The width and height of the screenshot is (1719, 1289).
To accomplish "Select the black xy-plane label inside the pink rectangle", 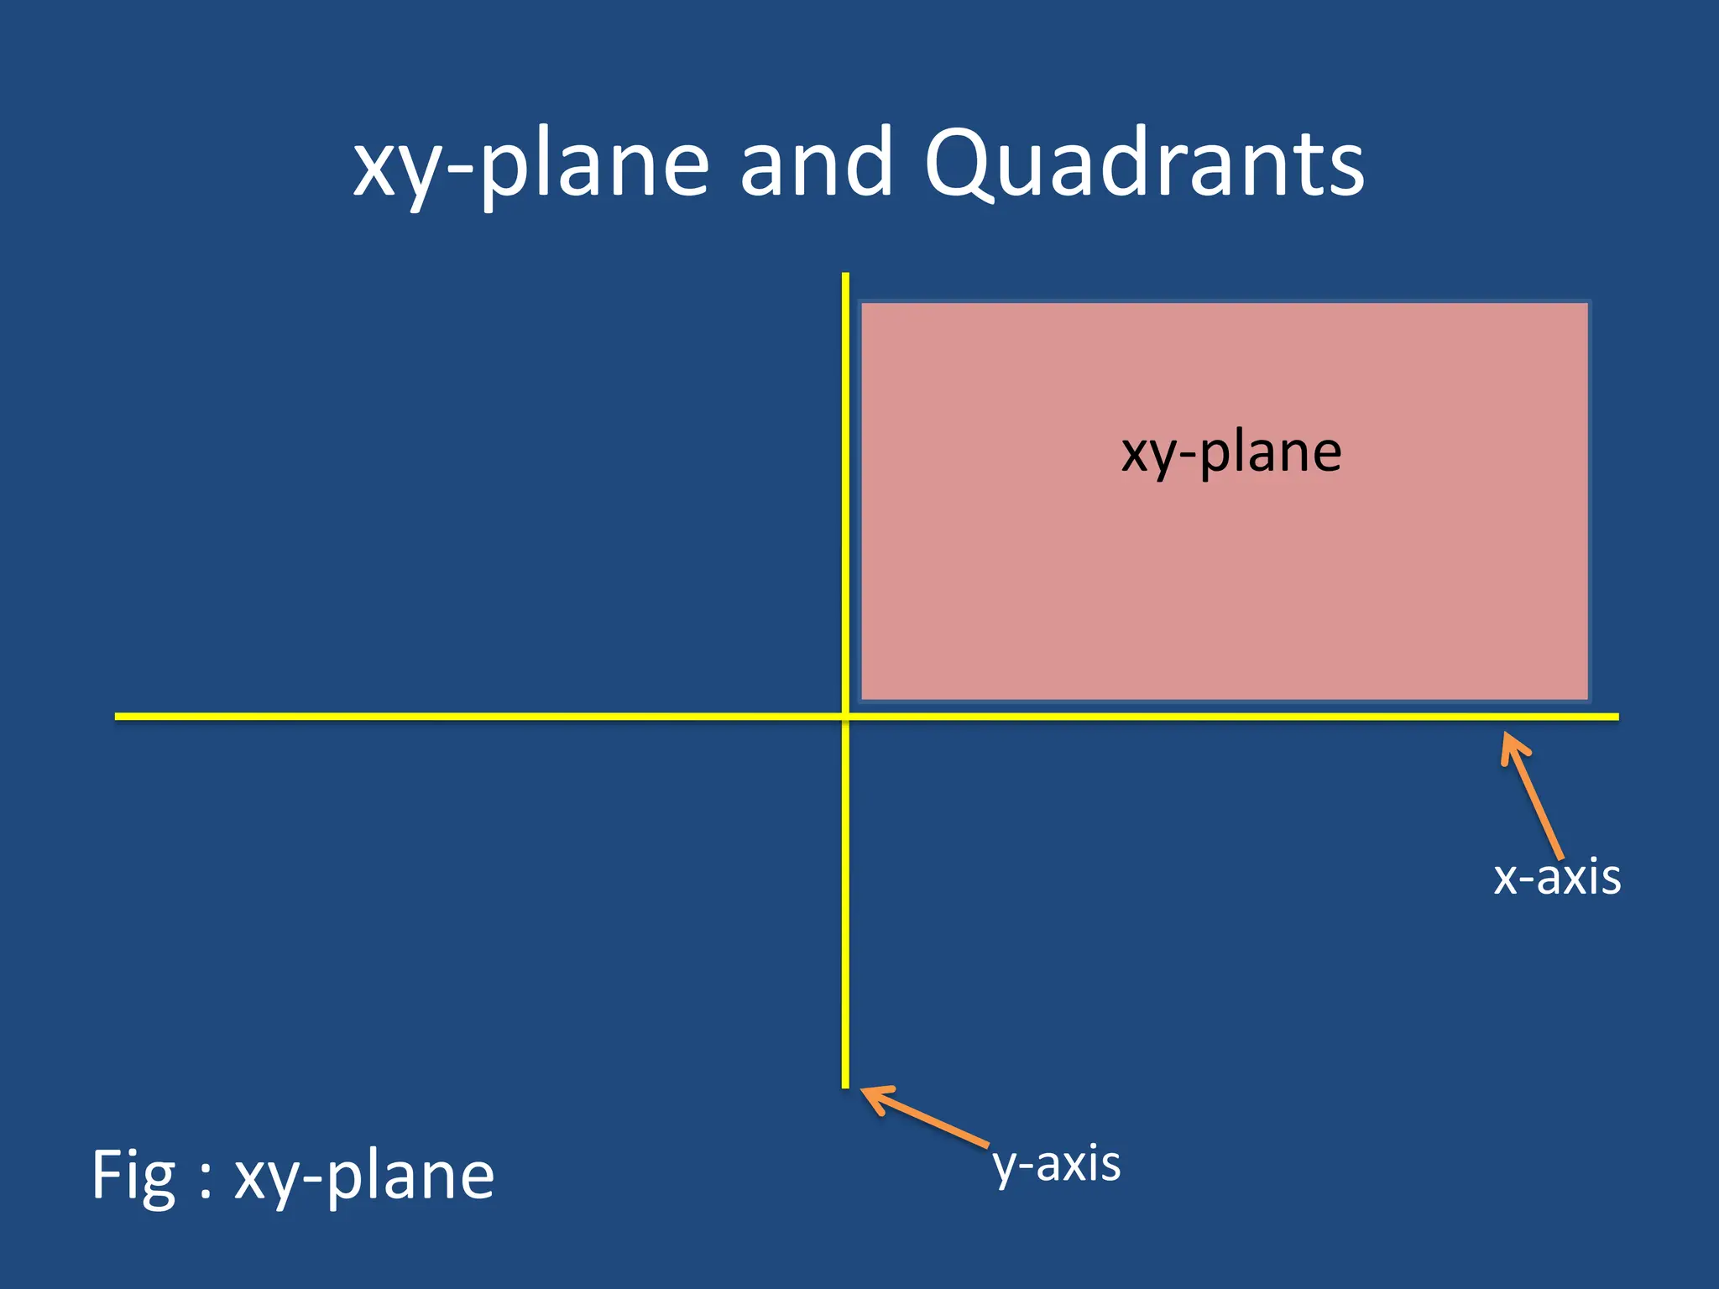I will [x=1231, y=454].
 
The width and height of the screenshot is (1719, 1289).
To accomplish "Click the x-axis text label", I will [x=1557, y=878].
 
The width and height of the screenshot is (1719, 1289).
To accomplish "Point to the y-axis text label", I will [x=1057, y=1165].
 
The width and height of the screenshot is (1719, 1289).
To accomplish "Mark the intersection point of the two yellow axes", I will [x=845, y=716].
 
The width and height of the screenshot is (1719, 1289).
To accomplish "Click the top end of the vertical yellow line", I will [x=845, y=274].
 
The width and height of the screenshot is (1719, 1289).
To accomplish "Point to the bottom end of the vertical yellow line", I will [x=845, y=1087].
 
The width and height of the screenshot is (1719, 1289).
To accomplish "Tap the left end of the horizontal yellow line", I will [x=117, y=716].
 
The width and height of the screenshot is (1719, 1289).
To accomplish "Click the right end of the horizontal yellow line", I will [x=1617, y=717].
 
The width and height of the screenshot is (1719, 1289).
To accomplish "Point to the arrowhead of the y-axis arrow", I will [x=865, y=1090].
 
